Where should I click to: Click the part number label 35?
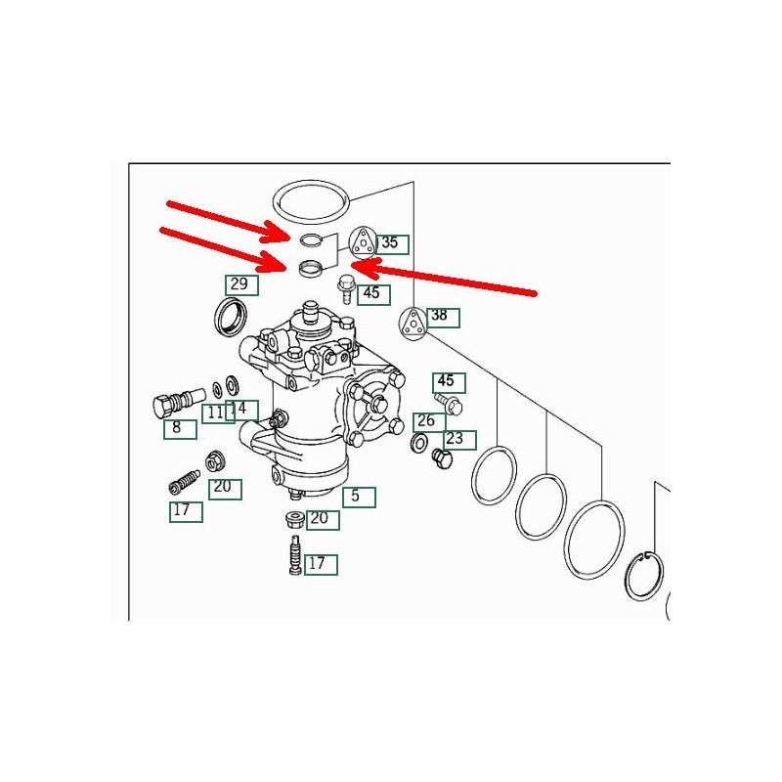(393, 243)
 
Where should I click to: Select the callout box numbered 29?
(241, 284)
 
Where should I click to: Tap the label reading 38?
(443, 317)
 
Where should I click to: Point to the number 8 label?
(180, 429)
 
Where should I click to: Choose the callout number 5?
(359, 498)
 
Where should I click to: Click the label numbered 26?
(429, 422)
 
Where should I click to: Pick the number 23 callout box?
(459, 440)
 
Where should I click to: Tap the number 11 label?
(218, 413)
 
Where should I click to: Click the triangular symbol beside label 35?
(362, 241)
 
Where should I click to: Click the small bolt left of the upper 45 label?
(345, 288)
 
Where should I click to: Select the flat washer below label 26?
(418, 442)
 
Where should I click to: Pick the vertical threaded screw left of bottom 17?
(296, 554)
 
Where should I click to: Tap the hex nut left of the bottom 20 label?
(294, 520)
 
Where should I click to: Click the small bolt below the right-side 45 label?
(449, 404)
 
